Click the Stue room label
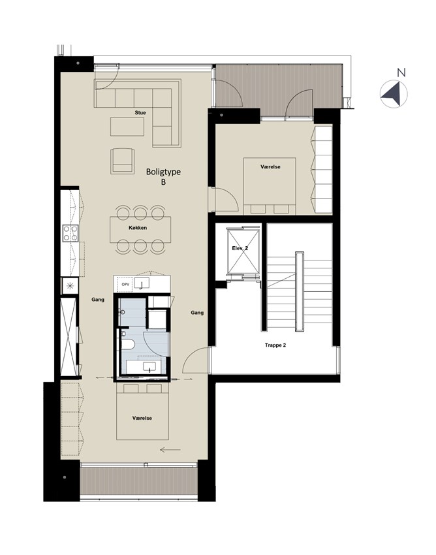point(140,112)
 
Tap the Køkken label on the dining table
point(138,228)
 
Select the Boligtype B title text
point(163,177)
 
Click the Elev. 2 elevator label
point(240,249)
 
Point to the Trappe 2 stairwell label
point(275,345)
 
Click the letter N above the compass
point(401,73)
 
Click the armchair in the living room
point(123,161)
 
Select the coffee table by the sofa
point(127,127)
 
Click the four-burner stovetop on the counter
point(70,233)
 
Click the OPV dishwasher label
point(125,284)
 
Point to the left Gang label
point(98,300)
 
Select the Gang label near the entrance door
point(197,313)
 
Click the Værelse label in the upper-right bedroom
point(270,166)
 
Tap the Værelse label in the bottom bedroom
point(142,418)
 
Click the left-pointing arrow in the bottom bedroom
point(170,450)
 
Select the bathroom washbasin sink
point(149,367)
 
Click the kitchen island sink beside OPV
point(142,283)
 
